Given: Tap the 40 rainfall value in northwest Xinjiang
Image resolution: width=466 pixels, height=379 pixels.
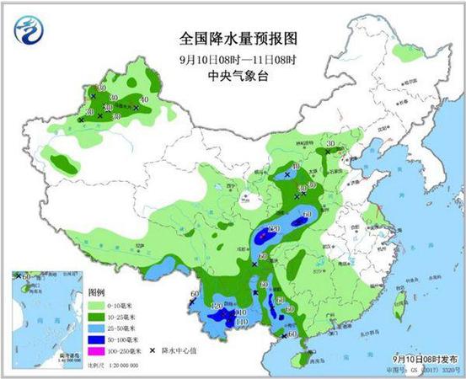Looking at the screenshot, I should (x=144, y=100).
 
